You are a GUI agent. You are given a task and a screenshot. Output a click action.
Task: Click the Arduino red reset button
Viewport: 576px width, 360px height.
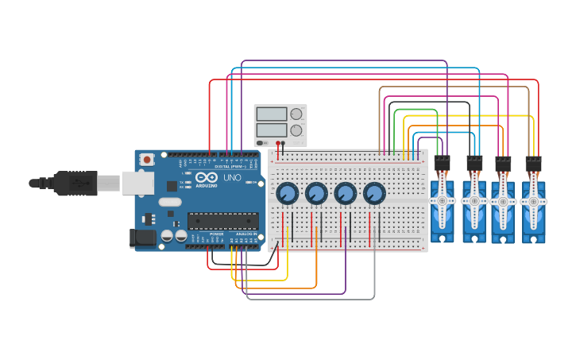[x=147, y=160]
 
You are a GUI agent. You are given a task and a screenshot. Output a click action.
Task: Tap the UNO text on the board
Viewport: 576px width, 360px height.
[x=232, y=178]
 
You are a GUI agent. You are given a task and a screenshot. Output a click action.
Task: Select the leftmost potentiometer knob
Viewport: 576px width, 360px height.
[x=288, y=193]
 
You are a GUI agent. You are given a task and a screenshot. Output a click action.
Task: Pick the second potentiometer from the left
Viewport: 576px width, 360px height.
[x=316, y=193]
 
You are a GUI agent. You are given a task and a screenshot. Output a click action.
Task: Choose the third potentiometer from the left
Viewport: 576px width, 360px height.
[x=346, y=193]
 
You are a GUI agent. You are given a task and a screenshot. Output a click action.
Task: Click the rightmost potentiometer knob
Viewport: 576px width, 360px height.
[x=374, y=193]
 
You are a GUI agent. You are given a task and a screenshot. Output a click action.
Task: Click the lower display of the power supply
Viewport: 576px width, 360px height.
[x=271, y=130]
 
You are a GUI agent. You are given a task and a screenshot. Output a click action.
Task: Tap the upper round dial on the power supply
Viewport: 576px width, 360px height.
[x=296, y=114]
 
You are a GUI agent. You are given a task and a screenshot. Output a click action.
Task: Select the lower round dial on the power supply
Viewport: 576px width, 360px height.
[x=296, y=130]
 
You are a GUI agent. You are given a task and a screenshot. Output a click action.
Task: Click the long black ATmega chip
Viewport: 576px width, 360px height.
[x=222, y=221]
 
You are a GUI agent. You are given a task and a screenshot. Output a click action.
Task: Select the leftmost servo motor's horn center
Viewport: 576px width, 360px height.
[x=443, y=201]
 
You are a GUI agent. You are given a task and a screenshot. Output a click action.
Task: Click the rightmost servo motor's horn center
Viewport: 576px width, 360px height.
[x=534, y=201]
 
